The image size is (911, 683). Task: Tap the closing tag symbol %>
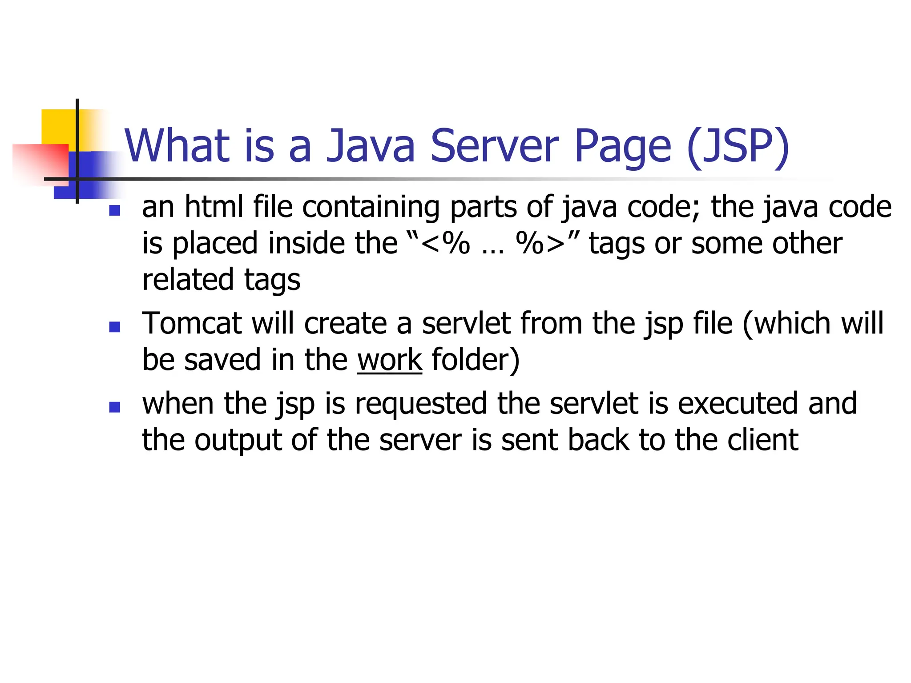pos(540,243)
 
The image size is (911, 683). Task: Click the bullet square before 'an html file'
pos(115,210)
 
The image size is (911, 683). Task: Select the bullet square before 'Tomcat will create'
pos(115,327)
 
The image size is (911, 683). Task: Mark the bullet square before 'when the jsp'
pos(115,407)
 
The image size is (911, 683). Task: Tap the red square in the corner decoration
pos(40,163)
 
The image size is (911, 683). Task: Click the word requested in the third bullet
pos(421,404)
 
